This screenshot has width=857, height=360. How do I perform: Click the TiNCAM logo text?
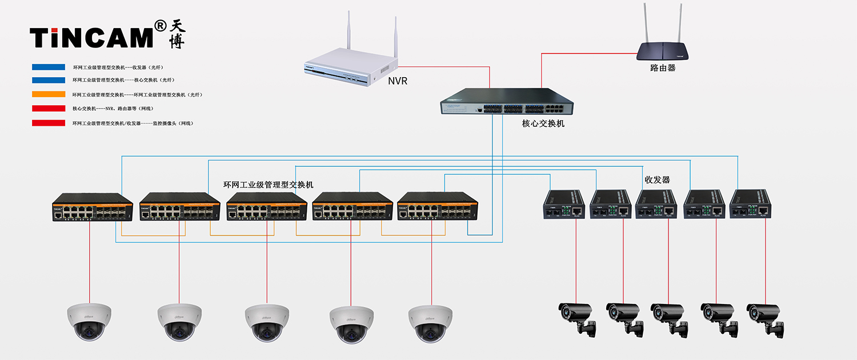point(91,37)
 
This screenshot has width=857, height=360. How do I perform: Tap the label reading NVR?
point(398,81)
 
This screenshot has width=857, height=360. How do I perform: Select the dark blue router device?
point(663,51)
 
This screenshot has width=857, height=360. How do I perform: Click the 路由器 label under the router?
point(663,68)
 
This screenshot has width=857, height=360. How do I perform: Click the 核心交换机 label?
point(543,123)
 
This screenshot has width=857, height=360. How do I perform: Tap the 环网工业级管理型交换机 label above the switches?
point(268,185)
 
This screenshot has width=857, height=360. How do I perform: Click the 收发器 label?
point(657,179)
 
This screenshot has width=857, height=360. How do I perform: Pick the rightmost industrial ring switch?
point(438,206)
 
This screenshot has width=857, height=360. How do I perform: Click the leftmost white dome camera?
point(89,321)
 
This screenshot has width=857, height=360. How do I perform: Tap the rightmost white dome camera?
point(430,323)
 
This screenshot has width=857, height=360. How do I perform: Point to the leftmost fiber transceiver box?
point(562,205)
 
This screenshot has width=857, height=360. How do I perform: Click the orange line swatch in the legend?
point(49,94)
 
